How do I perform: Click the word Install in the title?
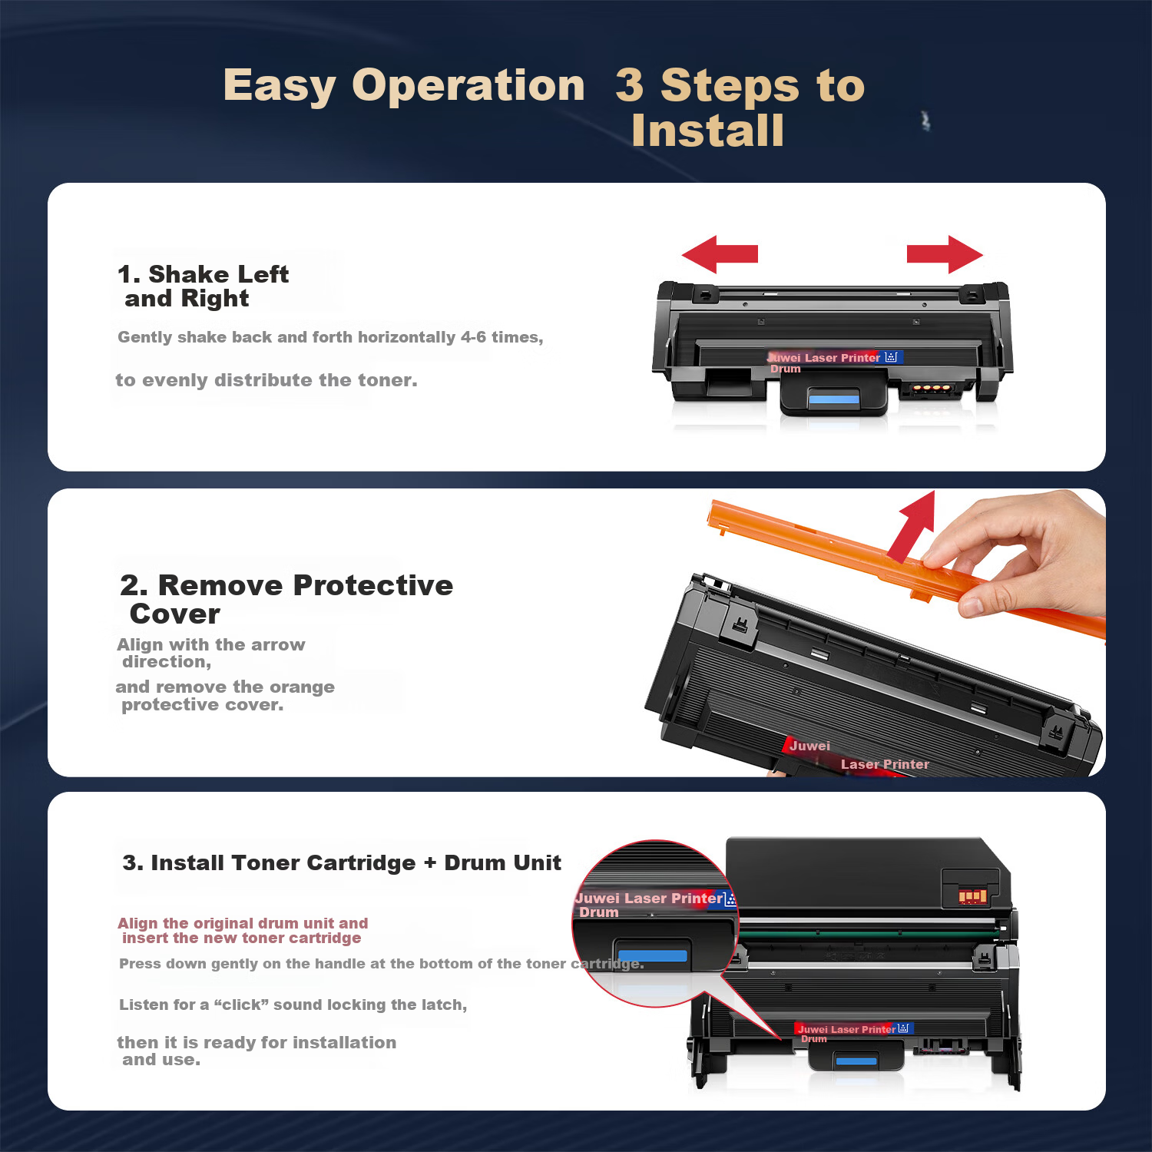point(707,131)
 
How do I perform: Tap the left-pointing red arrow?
point(720,254)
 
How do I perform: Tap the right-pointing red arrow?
point(945,254)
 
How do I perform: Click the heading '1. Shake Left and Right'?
point(204,286)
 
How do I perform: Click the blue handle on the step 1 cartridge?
point(833,399)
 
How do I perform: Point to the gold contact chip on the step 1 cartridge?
point(931,389)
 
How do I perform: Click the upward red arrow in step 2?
point(913,525)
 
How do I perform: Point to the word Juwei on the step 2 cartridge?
point(809,746)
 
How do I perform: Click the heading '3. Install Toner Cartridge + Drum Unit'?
point(342,862)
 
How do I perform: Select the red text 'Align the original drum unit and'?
point(243,923)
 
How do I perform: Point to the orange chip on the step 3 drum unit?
point(972,895)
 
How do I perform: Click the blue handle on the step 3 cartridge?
point(856,1061)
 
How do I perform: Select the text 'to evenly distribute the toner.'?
point(266,380)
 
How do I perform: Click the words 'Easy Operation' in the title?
point(404,85)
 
